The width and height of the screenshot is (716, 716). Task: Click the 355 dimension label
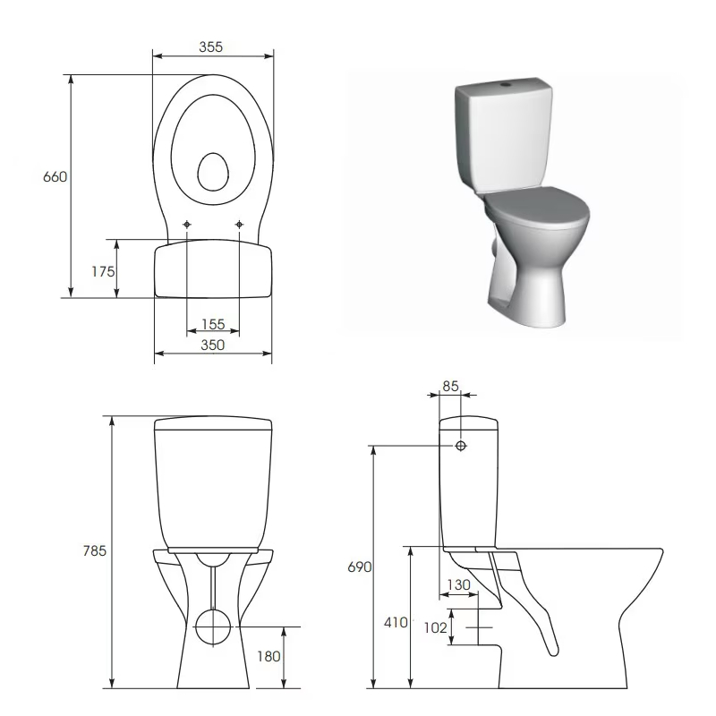pos(210,47)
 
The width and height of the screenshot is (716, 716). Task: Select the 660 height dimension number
pos(55,176)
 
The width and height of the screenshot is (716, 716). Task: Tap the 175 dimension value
pos(103,272)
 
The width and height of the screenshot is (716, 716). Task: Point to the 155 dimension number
pos(213,324)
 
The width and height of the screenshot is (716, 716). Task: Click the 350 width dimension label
pos(213,345)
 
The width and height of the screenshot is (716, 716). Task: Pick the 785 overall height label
pos(95,550)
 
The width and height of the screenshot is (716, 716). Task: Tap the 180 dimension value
pos(268,656)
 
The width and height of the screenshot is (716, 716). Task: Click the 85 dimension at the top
pos(450,386)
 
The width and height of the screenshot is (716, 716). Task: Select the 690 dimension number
pos(360,567)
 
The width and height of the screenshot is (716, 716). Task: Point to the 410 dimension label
pos(396,622)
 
